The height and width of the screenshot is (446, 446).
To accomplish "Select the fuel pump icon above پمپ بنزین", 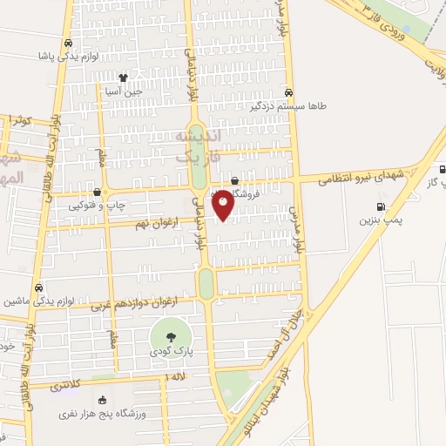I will click(x=380, y=206).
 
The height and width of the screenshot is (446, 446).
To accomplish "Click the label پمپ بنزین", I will click(x=381, y=220).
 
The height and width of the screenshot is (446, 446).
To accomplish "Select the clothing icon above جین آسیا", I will click(x=124, y=77).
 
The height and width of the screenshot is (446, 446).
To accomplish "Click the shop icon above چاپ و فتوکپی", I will click(x=97, y=193).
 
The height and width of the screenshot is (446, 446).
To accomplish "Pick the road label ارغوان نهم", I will click(x=155, y=225).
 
